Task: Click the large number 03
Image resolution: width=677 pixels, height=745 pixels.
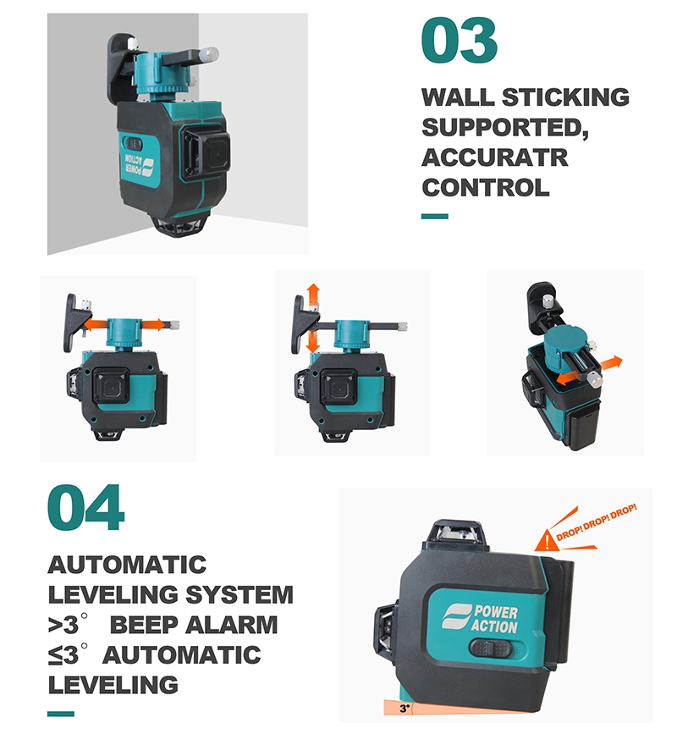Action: pos(459,40)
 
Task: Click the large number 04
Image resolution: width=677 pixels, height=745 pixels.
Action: pos(86,507)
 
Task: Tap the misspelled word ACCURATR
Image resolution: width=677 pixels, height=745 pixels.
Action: pos(494,157)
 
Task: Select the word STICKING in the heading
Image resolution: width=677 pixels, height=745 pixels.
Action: pos(565,97)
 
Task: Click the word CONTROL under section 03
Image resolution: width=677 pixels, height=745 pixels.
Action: pos(486,187)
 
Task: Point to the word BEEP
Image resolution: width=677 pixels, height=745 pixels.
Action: pos(145,624)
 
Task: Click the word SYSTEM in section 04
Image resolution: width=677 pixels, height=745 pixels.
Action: pos(239,594)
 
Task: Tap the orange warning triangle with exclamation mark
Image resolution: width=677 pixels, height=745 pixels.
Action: pos(547,541)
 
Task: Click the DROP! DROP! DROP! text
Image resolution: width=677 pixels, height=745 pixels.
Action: pos(597,522)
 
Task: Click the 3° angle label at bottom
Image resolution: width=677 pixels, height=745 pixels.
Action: pos(404,709)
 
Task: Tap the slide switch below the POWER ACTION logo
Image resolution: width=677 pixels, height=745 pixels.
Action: pos(491,648)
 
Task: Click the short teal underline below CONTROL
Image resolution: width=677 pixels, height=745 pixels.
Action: pos(435,216)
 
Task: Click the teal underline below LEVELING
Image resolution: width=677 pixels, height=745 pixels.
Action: pos(61,714)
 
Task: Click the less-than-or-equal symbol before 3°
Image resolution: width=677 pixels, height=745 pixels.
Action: pos(55,655)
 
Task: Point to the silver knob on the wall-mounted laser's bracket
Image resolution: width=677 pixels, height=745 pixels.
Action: pos(209,53)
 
